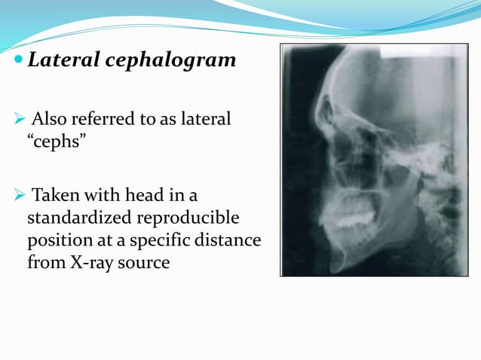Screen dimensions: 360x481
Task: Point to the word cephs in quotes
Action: click(60, 142)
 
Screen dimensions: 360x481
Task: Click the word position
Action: click(57, 240)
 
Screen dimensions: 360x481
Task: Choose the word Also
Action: click(50, 119)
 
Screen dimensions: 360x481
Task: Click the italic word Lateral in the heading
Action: click(60, 60)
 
